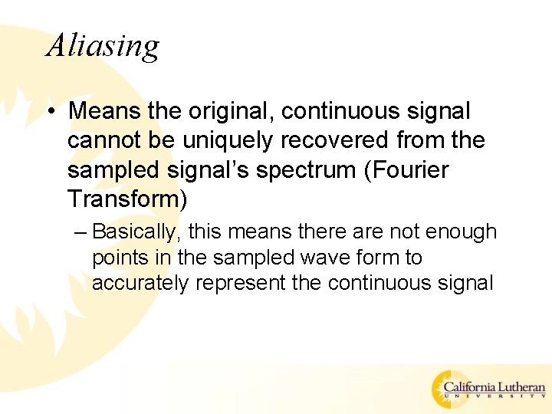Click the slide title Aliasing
click(103, 45)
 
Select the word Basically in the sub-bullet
click(140, 232)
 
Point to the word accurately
click(140, 283)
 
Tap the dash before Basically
click(80, 232)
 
